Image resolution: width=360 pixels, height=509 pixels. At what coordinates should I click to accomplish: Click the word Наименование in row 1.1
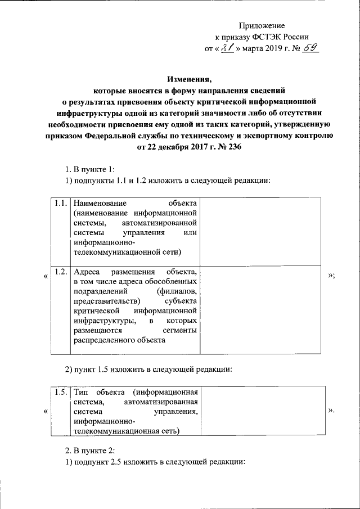tap(100, 202)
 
